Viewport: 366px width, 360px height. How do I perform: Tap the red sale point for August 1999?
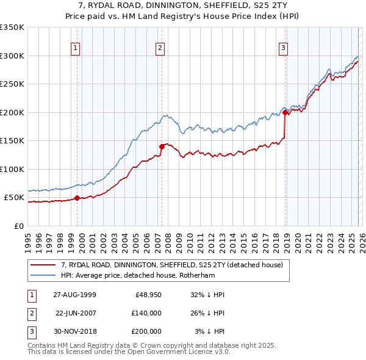click(x=77, y=198)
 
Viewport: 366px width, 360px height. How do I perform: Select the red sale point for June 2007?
click(x=162, y=146)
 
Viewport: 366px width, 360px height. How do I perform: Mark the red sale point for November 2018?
click(x=285, y=112)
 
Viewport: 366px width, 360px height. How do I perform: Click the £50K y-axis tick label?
click(x=13, y=198)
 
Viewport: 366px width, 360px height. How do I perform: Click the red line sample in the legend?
click(x=44, y=265)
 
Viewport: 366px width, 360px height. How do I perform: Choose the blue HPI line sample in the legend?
click(x=44, y=275)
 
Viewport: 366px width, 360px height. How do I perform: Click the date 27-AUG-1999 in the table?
click(x=74, y=295)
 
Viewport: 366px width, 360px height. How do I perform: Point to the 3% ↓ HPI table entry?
click(x=210, y=331)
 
